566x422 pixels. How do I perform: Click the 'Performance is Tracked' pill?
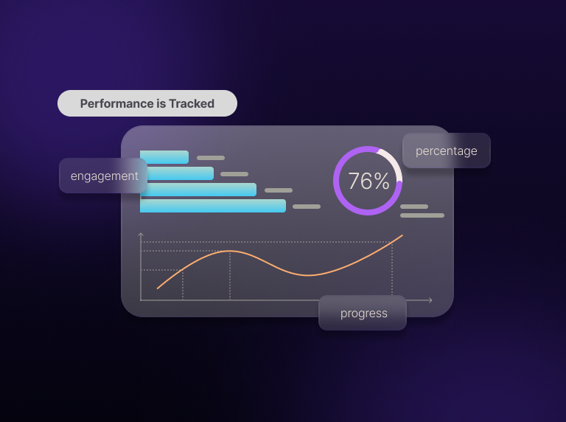pyautogui.click(x=147, y=103)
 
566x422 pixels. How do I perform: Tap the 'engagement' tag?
pyautogui.click(x=103, y=176)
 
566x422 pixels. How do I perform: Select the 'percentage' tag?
pyautogui.click(x=446, y=151)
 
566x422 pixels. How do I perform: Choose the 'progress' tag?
pyautogui.click(x=363, y=313)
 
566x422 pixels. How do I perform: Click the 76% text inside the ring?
pyautogui.click(x=368, y=181)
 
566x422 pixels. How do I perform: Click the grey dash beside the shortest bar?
pyautogui.click(x=211, y=158)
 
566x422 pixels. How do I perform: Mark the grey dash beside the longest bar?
pyautogui.click(x=307, y=207)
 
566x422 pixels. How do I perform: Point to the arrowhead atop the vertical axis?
pyautogui.click(x=141, y=235)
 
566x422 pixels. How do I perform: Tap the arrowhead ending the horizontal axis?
pyautogui.click(x=430, y=300)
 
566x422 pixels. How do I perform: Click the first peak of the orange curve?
pyautogui.click(x=229, y=252)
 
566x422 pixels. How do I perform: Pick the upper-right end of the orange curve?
pyautogui.click(x=402, y=236)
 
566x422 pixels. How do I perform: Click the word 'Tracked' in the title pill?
pyautogui.click(x=192, y=103)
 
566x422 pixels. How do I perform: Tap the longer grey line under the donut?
pyautogui.click(x=422, y=215)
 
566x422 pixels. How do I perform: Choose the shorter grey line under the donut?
pyautogui.click(x=414, y=207)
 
